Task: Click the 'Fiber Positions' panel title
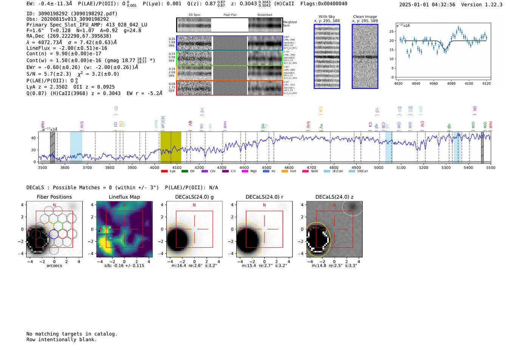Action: pos(54,197)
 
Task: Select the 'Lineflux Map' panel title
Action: pos(124,197)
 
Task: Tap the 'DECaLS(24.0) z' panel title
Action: pos(334,197)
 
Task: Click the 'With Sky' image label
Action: pos(326,17)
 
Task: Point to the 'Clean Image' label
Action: pos(365,17)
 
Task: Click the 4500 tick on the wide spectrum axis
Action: pos(266,167)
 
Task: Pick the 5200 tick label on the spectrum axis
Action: pos(423,167)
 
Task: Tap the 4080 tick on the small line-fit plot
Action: pos(451,83)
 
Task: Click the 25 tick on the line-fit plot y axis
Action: pos(391,31)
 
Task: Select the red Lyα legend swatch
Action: pos(164,171)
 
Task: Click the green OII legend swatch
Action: pos(184,171)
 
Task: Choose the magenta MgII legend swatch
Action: pos(245,171)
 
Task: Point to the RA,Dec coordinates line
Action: pos(69,36)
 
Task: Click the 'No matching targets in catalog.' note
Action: pos(72,334)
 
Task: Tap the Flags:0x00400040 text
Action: pos(324,3)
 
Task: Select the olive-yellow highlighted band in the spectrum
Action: pos(170,147)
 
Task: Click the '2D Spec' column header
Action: pos(195,15)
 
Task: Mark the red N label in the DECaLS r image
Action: pos(264,205)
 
